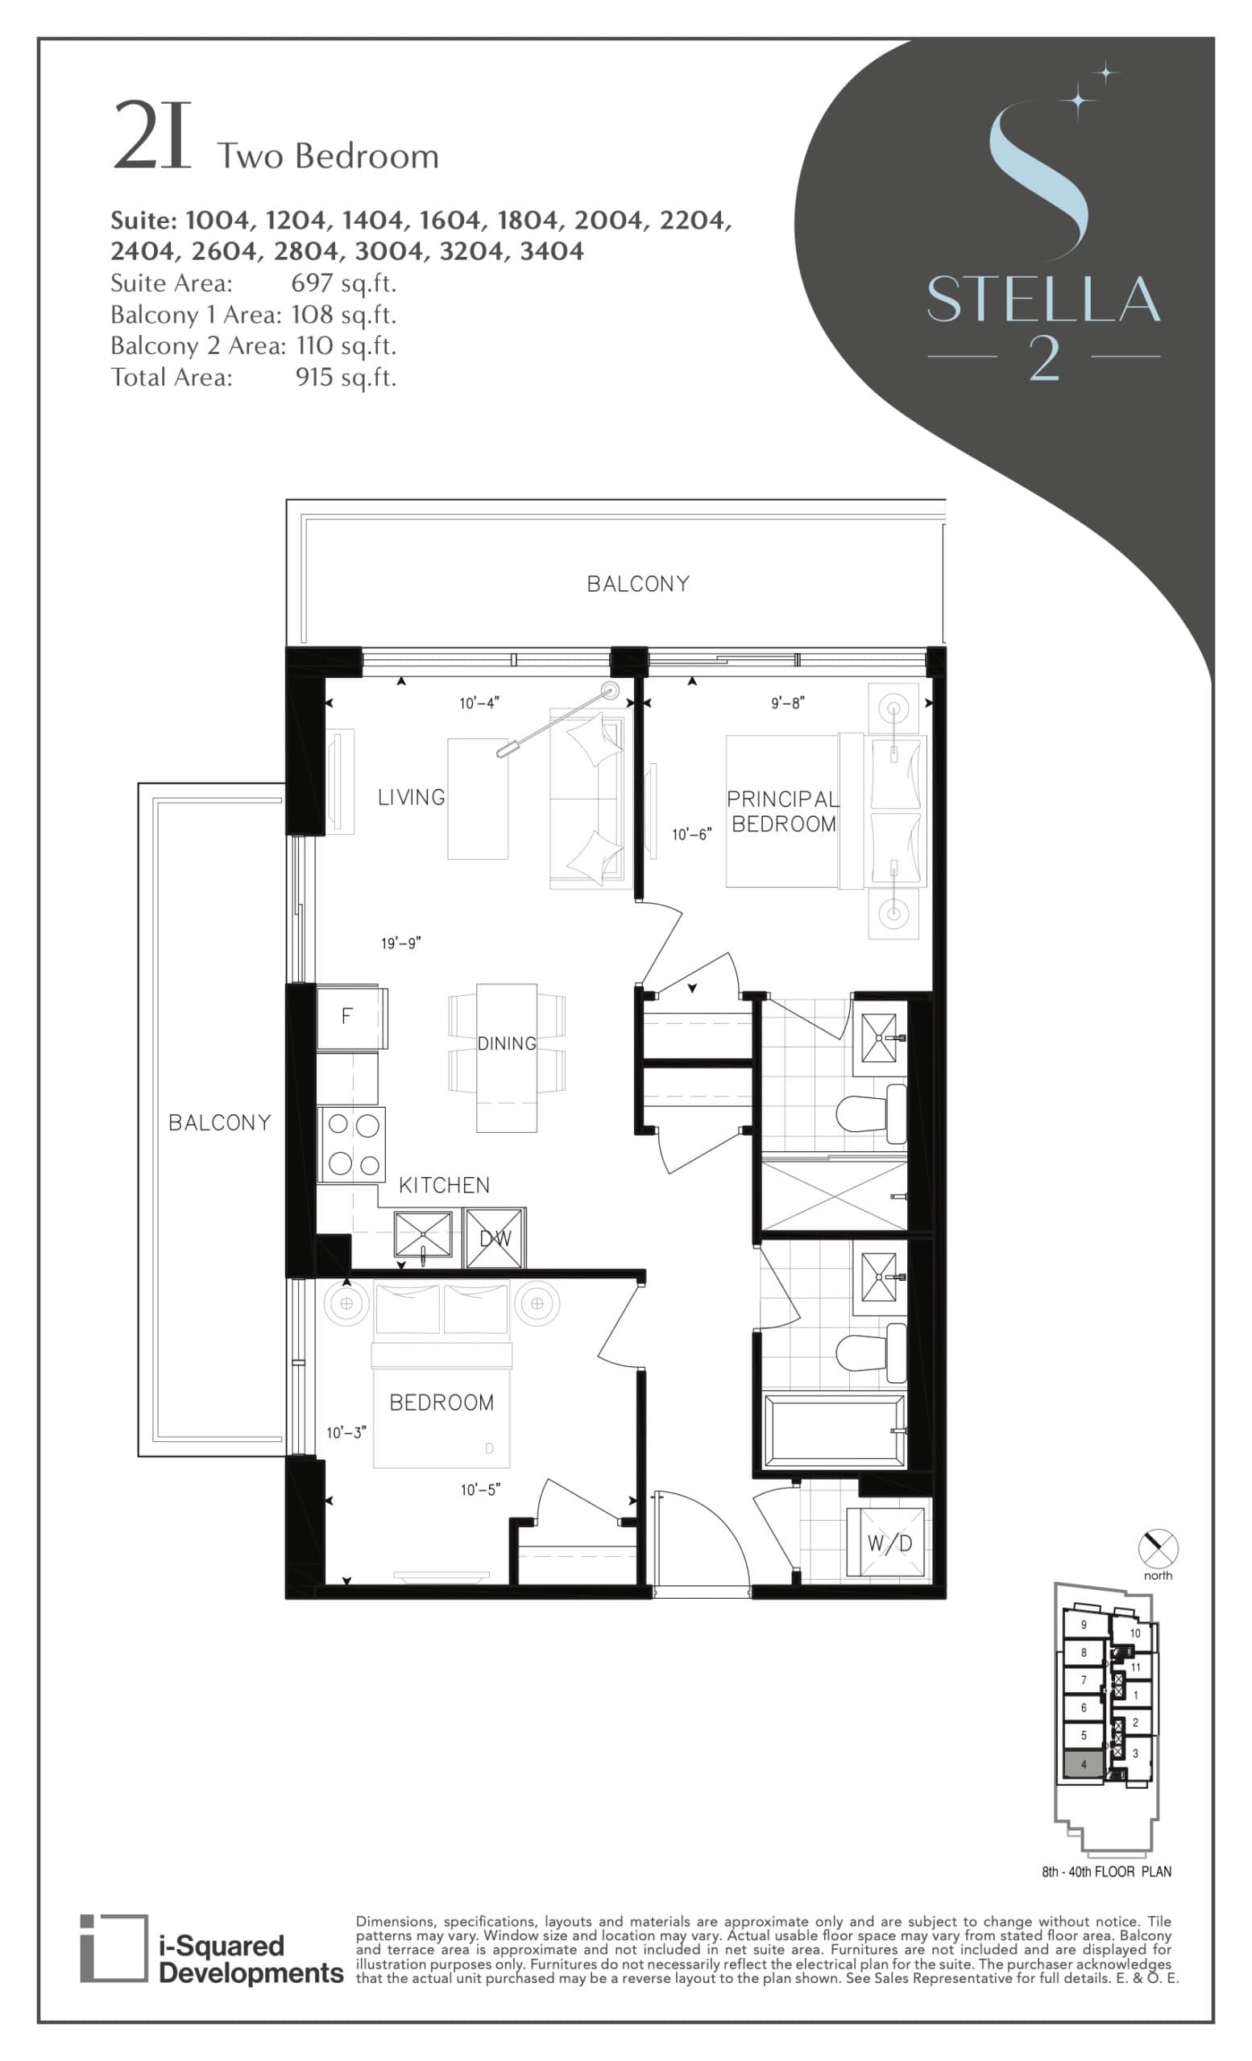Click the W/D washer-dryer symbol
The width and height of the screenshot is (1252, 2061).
coord(888,1543)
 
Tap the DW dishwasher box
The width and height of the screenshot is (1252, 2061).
coord(495,1238)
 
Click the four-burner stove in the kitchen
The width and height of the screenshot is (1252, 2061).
coord(352,1144)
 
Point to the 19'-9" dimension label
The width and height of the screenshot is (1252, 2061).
coord(401,944)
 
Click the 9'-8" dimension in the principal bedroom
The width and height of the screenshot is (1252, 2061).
coord(787,704)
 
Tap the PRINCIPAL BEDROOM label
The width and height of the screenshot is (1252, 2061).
coord(782,812)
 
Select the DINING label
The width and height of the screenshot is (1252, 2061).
coord(506,1044)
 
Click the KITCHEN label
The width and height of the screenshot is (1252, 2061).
coord(444,1185)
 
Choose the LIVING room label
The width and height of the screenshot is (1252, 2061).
coord(411,797)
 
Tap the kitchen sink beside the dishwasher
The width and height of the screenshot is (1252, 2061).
coord(424,1236)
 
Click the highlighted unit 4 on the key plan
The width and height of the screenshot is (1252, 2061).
coord(1084,1764)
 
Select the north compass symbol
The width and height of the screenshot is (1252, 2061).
coord(1159,1549)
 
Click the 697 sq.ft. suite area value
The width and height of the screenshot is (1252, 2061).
coord(343,283)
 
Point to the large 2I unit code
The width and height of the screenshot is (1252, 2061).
coord(152,136)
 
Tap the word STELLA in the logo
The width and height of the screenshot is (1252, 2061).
coord(1043,299)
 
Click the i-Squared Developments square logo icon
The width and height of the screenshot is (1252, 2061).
coord(113,1948)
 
